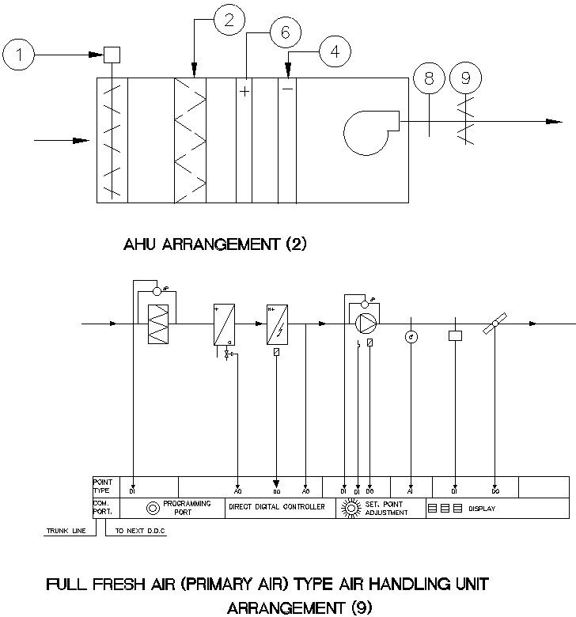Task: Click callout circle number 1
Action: pos(18,55)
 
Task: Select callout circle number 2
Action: pos(229,21)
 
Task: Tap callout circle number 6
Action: pos(286,32)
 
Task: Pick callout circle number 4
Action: pos(335,51)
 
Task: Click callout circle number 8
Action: pos(429,78)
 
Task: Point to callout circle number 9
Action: pos(465,78)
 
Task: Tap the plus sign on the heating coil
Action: pos(244,92)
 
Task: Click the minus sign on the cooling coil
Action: pos(288,89)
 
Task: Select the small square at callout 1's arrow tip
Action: pos(112,55)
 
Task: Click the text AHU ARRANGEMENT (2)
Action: pos(214,245)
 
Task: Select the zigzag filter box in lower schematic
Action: pos(160,324)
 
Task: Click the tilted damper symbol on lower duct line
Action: pos(495,323)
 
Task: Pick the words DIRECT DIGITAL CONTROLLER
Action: pos(277,507)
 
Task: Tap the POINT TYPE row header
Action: pos(103,485)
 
